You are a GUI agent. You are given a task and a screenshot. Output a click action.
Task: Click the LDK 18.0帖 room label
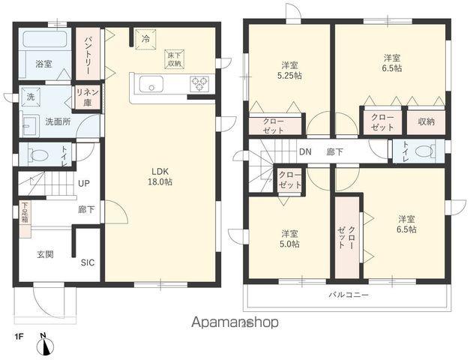point(160,177)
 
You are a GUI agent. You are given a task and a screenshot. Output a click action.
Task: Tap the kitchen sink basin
point(151,84)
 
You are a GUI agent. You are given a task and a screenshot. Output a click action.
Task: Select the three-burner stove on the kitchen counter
point(199,83)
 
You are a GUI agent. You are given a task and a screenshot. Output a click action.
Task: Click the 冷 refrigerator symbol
point(145,39)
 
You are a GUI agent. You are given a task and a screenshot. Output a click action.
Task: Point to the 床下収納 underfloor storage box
point(174,59)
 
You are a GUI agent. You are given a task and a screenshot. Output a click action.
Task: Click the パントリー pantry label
point(87,55)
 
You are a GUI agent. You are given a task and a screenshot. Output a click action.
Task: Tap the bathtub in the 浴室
point(45,39)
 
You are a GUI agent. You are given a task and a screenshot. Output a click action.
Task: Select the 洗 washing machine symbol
point(31,97)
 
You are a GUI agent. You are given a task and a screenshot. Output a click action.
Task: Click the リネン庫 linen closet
point(87,97)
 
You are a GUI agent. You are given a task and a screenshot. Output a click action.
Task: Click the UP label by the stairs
point(84,183)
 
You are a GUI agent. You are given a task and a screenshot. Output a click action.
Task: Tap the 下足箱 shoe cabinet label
point(25,213)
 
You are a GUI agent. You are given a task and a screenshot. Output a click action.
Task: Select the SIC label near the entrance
point(88,262)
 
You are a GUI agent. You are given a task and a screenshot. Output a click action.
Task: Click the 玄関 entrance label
point(45,255)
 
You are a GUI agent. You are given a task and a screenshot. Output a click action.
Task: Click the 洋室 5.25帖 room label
point(289,70)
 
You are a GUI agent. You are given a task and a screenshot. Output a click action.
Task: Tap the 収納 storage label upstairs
point(426,121)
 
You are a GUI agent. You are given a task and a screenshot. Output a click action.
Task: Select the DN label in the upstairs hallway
point(305,151)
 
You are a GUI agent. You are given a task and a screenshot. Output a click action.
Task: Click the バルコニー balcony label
point(349,295)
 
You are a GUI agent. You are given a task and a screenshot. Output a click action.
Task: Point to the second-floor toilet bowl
point(425,151)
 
